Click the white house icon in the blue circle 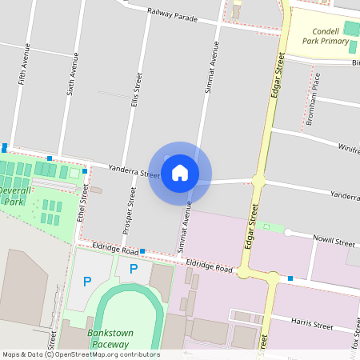pyautogui.click(x=180, y=173)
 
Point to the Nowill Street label pyautogui.click(x=334, y=242)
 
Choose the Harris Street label pyautogui.click(x=313, y=325)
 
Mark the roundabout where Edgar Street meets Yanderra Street pyautogui.click(x=258, y=181)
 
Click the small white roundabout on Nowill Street pyautogui.click(x=286, y=233)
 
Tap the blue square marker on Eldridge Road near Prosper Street pyautogui.click(x=142, y=251)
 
